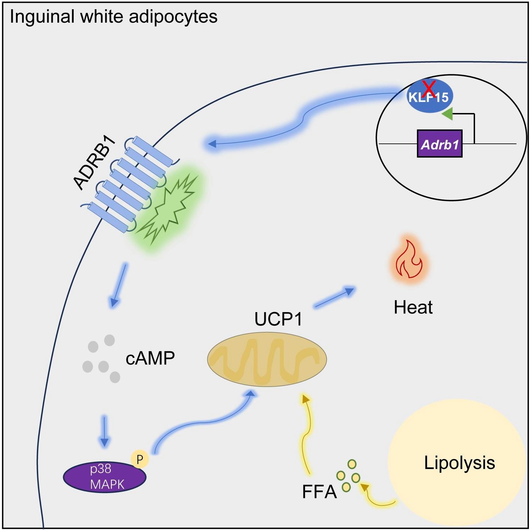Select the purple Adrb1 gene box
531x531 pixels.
tap(440, 144)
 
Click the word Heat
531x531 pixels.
tap(413, 307)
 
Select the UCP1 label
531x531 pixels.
tap(278, 319)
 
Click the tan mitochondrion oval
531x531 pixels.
tap(267, 360)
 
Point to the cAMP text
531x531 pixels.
tap(150, 358)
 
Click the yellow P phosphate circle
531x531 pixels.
tap(140, 459)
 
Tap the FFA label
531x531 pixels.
tap(319, 492)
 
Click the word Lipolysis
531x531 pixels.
tap(459, 463)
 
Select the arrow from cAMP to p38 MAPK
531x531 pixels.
tap(104, 431)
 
